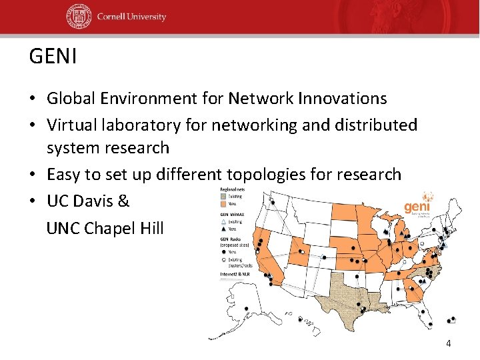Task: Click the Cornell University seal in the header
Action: click(x=78, y=17)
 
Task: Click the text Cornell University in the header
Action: click(x=131, y=17)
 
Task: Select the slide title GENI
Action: click(x=53, y=57)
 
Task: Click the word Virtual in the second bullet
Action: click(x=71, y=125)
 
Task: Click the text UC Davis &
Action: click(x=88, y=201)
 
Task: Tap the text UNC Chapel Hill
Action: click(x=105, y=229)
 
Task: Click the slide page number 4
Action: click(x=448, y=343)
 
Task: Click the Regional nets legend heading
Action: click(x=233, y=190)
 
